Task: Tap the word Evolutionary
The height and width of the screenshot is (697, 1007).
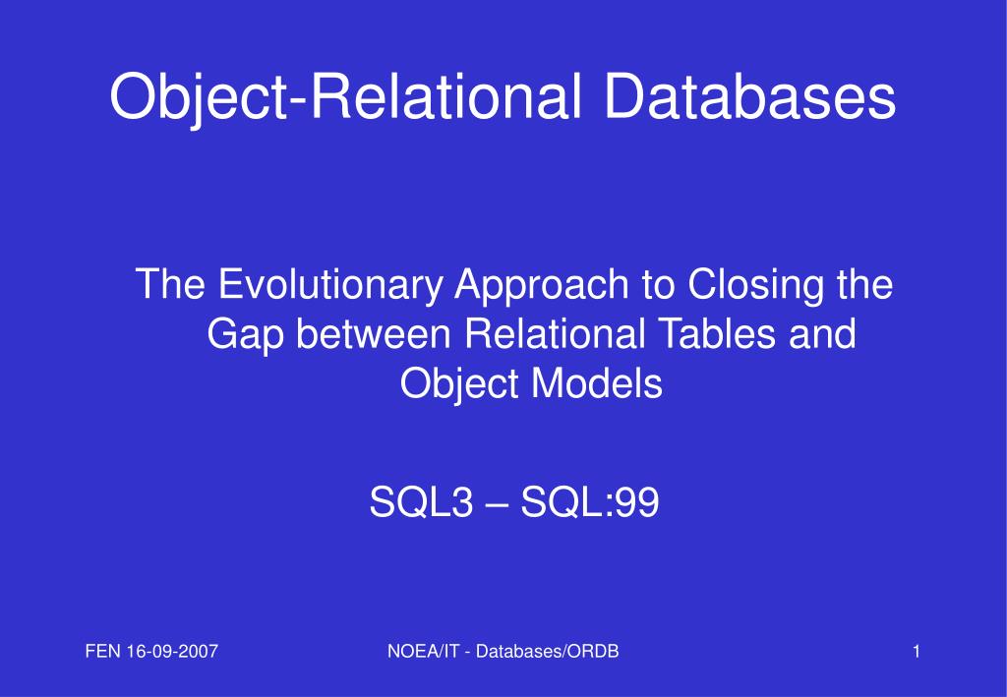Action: (x=329, y=286)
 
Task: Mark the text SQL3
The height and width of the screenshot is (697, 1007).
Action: (x=414, y=503)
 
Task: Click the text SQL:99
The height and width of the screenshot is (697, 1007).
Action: (x=590, y=503)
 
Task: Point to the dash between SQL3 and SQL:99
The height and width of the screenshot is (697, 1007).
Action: (x=489, y=505)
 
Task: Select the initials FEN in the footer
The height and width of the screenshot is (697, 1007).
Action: (x=100, y=652)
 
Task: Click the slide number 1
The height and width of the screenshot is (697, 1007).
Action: (x=916, y=652)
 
